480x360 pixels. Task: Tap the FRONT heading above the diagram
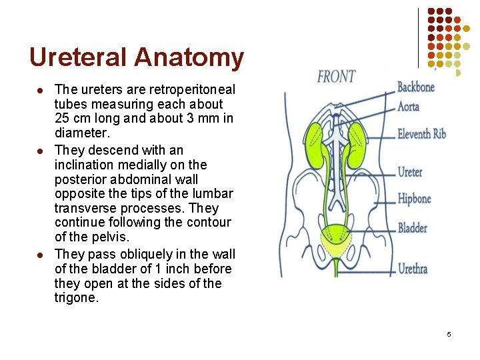click(x=336, y=77)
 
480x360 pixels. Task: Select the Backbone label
click(x=416, y=87)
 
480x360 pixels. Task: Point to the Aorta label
click(x=409, y=107)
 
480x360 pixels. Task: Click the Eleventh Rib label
click(x=421, y=134)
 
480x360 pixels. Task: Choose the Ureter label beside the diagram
click(x=410, y=172)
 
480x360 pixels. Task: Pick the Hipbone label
click(x=414, y=199)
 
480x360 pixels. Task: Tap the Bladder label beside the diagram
click(x=413, y=228)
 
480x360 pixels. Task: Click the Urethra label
click(x=413, y=269)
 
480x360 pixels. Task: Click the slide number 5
click(x=449, y=334)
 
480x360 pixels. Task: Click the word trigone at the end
click(x=76, y=298)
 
